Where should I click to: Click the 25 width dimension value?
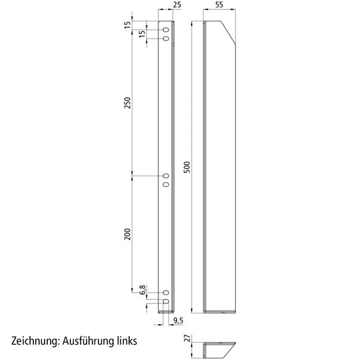(176, 5)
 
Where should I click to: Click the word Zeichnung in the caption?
(34, 341)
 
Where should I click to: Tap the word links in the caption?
(124, 341)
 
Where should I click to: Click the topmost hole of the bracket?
(166, 31)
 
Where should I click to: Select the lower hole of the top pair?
(166, 39)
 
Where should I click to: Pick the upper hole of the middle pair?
(166, 176)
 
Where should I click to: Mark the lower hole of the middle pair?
(166, 184)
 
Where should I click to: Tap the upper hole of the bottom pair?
(166, 293)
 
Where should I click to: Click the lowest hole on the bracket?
(166, 301)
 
